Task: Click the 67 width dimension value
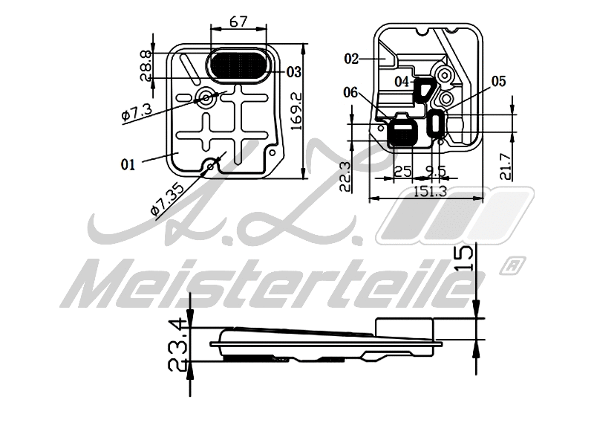[238, 22]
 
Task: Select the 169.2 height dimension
[296, 112]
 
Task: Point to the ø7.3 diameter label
[137, 112]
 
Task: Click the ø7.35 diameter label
[168, 198]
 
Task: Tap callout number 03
[293, 72]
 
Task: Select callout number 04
[402, 80]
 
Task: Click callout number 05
[497, 81]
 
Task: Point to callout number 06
[351, 91]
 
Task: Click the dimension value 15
[463, 259]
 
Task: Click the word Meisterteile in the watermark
[275, 286]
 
